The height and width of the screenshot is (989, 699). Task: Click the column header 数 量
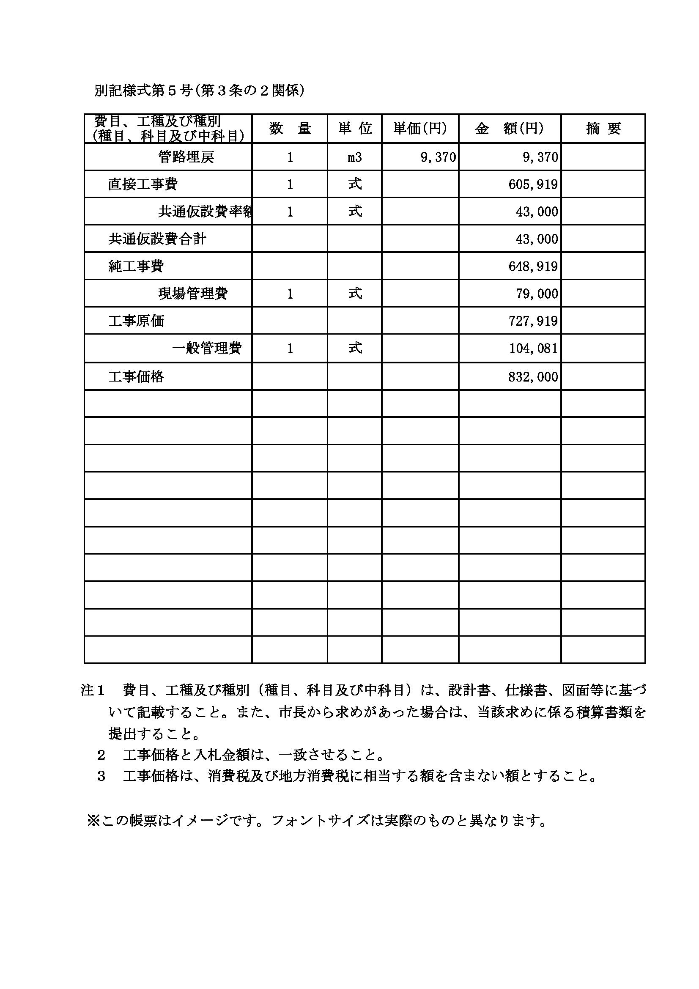pyautogui.click(x=290, y=128)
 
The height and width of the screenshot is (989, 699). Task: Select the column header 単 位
pyautogui.click(x=355, y=128)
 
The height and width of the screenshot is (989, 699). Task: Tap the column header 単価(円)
pyautogui.click(x=420, y=128)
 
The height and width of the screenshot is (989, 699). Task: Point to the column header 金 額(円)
pyautogui.click(x=510, y=128)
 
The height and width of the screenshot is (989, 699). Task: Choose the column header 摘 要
pyautogui.click(x=603, y=128)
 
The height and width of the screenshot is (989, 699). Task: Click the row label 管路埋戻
pyautogui.click(x=186, y=157)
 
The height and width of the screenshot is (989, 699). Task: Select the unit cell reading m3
pyautogui.click(x=355, y=157)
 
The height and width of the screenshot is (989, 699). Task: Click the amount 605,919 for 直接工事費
pyautogui.click(x=533, y=184)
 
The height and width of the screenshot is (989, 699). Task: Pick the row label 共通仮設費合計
pyautogui.click(x=157, y=239)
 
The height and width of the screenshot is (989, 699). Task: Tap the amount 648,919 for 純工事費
pyautogui.click(x=533, y=266)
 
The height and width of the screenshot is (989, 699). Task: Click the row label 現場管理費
pyautogui.click(x=193, y=294)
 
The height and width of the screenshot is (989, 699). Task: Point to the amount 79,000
pyautogui.click(x=537, y=294)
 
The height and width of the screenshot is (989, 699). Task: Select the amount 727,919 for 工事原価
pyautogui.click(x=533, y=321)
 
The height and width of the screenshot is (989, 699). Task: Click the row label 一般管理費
pyautogui.click(x=207, y=348)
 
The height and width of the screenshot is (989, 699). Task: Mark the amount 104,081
pyautogui.click(x=533, y=348)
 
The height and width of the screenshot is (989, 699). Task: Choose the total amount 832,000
pyautogui.click(x=533, y=377)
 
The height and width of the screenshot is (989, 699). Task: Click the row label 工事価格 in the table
pyautogui.click(x=136, y=377)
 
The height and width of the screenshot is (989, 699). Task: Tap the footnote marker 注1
pyautogui.click(x=93, y=690)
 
